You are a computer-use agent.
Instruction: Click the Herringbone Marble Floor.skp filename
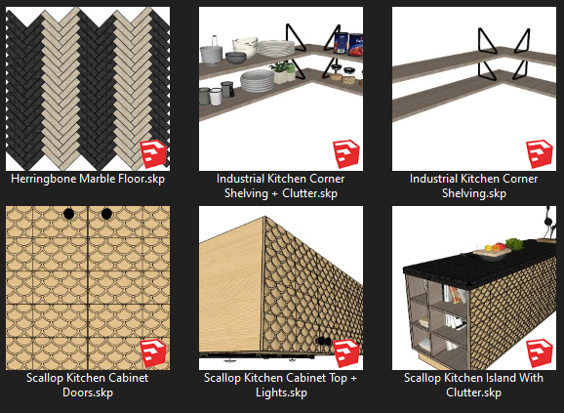pyautogui.click(x=88, y=179)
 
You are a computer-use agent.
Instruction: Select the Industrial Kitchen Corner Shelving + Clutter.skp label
pyautogui.click(x=281, y=186)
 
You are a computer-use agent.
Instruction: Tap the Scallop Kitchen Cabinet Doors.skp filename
pyautogui.click(x=88, y=385)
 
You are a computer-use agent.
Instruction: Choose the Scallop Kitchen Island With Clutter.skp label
pyautogui.click(x=473, y=385)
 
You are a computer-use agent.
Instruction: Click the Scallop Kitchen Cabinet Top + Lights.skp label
pyautogui.click(x=281, y=385)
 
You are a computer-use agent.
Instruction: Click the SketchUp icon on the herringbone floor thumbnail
pyautogui.click(x=153, y=154)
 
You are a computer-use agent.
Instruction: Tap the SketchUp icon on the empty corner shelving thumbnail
pyautogui.click(x=540, y=154)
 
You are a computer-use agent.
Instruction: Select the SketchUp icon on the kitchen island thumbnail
pyautogui.click(x=540, y=353)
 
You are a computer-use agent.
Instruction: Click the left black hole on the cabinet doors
pyautogui.click(x=68, y=214)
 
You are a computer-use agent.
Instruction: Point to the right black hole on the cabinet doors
pyautogui.click(x=106, y=214)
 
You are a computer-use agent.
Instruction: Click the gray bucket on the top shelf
pyautogui.click(x=211, y=53)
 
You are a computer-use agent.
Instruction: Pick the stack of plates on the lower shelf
pyautogui.click(x=258, y=81)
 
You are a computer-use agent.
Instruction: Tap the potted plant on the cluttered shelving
pyautogui.click(x=282, y=71)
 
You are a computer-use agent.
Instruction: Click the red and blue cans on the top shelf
pyautogui.click(x=348, y=44)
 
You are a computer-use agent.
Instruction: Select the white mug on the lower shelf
pyautogui.click(x=216, y=97)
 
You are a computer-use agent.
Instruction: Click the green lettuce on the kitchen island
pyautogui.click(x=514, y=244)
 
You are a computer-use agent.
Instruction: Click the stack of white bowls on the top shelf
pyautogui.click(x=245, y=47)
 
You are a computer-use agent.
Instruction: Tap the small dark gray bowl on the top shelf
pyautogui.click(x=235, y=58)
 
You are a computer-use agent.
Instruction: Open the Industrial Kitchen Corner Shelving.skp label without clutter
pyautogui.click(x=473, y=186)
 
